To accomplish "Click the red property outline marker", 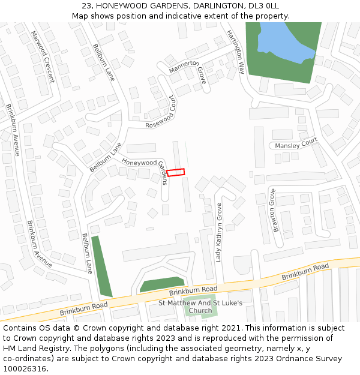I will [x=175, y=172].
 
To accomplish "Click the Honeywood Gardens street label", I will [x=139, y=162].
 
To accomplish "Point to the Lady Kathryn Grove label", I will [x=219, y=232].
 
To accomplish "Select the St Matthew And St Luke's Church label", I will [x=200, y=307].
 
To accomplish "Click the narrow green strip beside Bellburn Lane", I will [x=101, y=266].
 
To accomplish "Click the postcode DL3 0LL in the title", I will [x=264, y=6].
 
